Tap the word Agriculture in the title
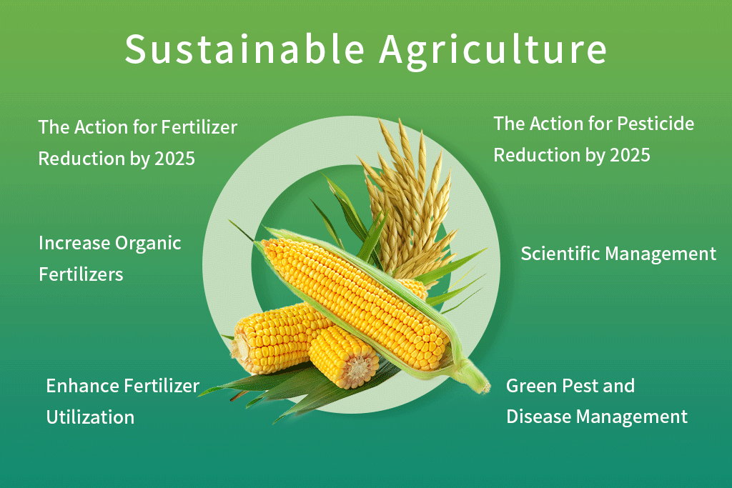click(x=493, y=49)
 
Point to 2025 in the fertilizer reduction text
click(x=174, y=158)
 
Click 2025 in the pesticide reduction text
click(x=630, y=154)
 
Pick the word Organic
click(x=147, y=243)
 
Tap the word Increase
click(x=74, y=243)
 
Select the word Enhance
click(x=82, y=386)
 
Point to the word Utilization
click(x=90, y=417)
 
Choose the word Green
click(x=530, y=386)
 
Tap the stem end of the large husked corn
click(x=475, y=374)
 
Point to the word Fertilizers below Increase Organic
click(x=81, y=274)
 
